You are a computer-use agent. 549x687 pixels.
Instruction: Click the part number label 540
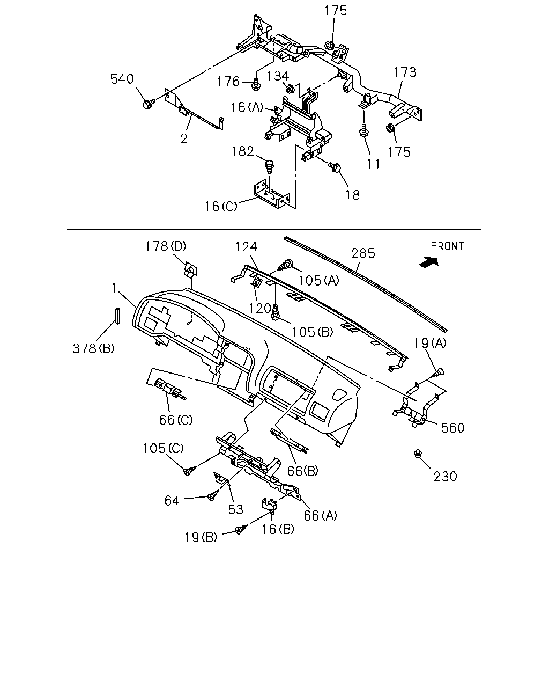tap(122, 79)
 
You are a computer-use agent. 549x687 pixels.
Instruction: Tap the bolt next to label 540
tap(149, 104)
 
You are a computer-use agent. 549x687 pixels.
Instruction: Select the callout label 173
tap(405, 72)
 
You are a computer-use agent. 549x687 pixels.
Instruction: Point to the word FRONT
tap(448, 246)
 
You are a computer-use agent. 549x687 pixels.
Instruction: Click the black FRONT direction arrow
tap(429, 262)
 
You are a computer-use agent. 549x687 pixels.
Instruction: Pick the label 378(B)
tap(93, 348)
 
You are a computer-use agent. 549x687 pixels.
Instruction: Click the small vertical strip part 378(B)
tap(117, 316)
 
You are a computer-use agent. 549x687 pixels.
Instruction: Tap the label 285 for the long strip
tap(363, 253)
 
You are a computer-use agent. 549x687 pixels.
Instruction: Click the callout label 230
tap(446, 477)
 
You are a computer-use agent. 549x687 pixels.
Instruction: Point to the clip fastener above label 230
tap(418, 454)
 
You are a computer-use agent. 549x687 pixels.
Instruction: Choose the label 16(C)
tap(221, 207)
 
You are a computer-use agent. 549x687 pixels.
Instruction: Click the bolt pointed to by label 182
tap(270, 167)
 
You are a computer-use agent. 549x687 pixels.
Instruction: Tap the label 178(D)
tap(166, 246)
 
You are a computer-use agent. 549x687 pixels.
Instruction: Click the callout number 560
tap(452, 428)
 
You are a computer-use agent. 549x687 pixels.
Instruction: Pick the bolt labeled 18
tap(335, 167)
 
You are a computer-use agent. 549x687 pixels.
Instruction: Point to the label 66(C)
tap(176, 420)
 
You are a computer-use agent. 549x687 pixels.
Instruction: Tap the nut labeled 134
tap(290, 88)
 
